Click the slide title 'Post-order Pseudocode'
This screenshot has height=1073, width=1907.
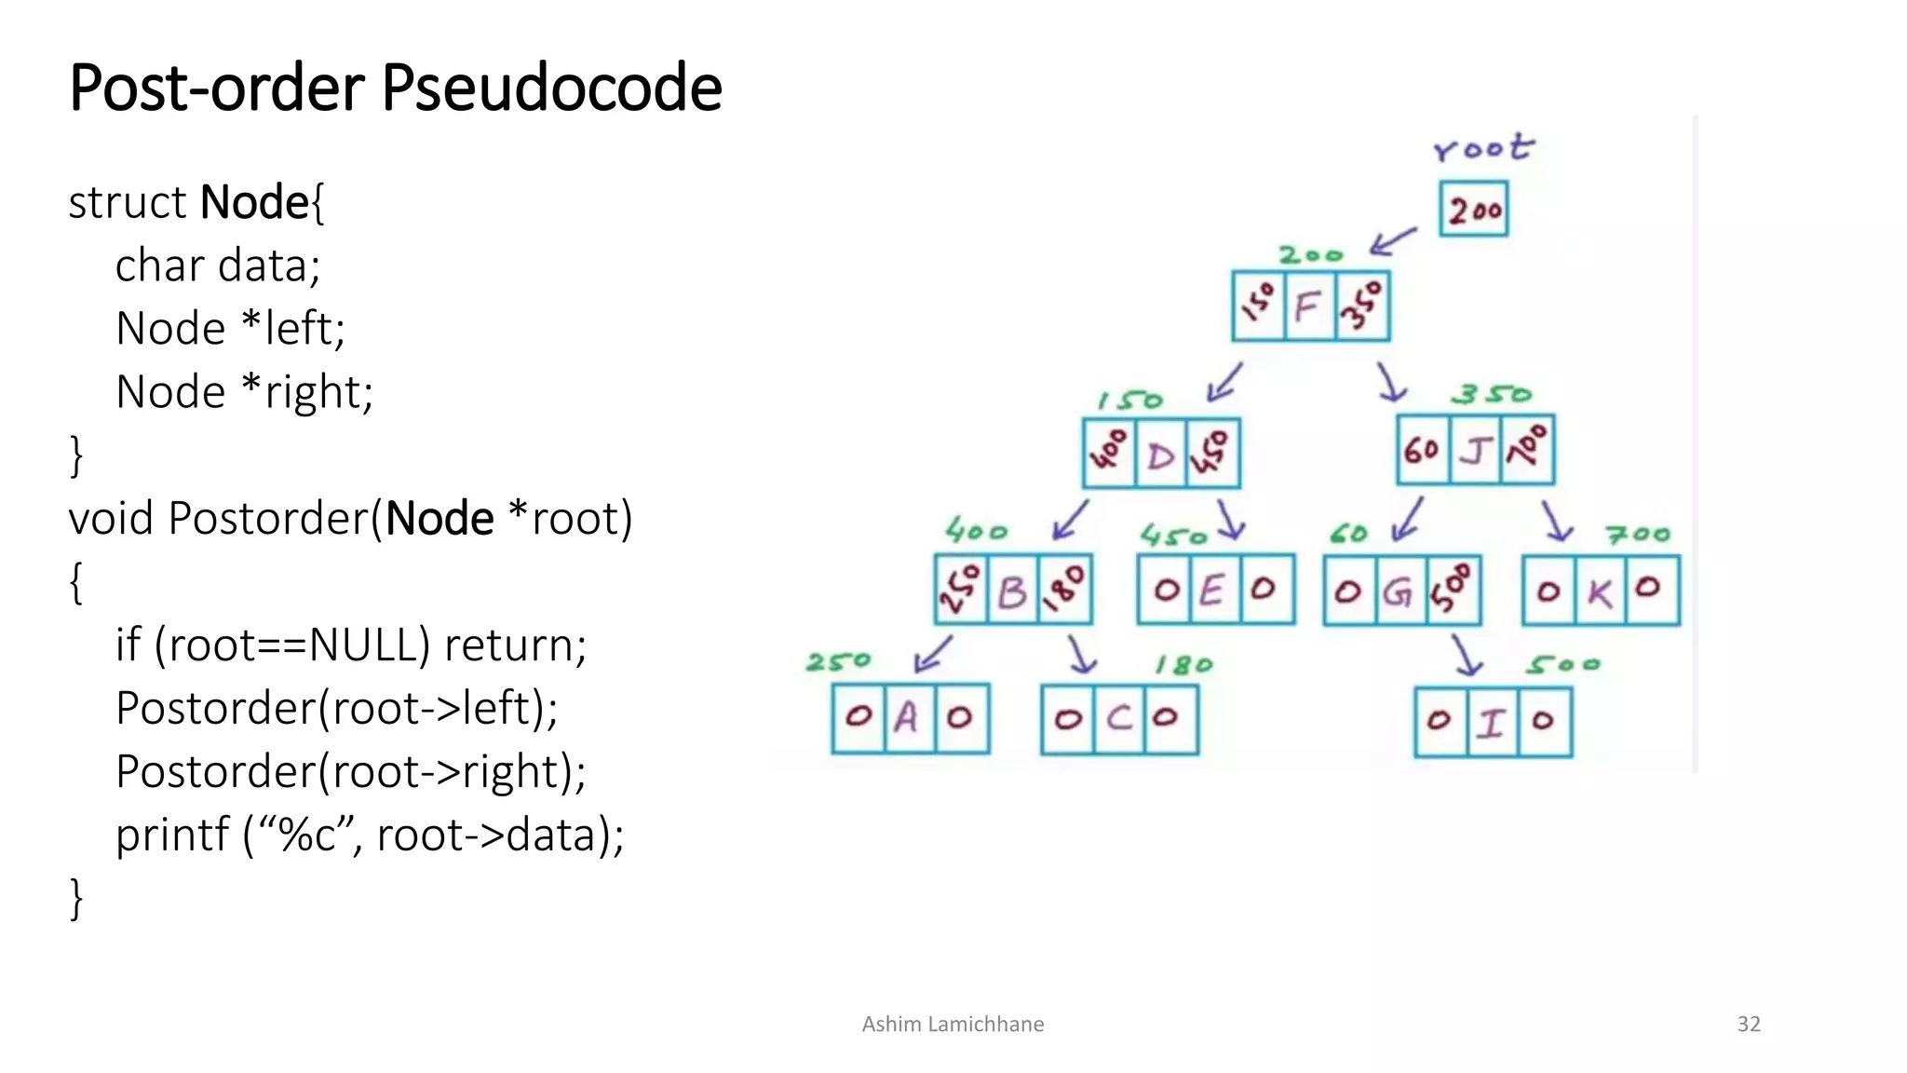tap(396, 88)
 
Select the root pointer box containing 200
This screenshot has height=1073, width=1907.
tap(1473, 210)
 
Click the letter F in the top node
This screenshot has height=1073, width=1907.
tap(1308, 306)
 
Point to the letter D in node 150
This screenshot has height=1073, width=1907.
tap(1161, 455)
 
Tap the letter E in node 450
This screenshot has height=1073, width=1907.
tap(1211, 591)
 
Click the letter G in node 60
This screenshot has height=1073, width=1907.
tap(1398, 591)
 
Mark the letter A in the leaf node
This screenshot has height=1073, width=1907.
tap(906, 718)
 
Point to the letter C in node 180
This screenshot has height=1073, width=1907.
tap(1119, 718)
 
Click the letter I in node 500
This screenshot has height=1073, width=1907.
tap(1492, 723)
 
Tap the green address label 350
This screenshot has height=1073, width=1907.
tap(1492, 395)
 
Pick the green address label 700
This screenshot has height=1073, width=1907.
tap(1639, 535)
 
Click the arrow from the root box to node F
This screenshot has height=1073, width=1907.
tap(1393, 241)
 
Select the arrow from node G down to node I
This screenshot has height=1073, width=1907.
tap(1466, 656)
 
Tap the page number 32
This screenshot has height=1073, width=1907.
tap(1749, 1025)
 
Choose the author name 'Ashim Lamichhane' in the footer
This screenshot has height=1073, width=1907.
tap(953, 1025)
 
